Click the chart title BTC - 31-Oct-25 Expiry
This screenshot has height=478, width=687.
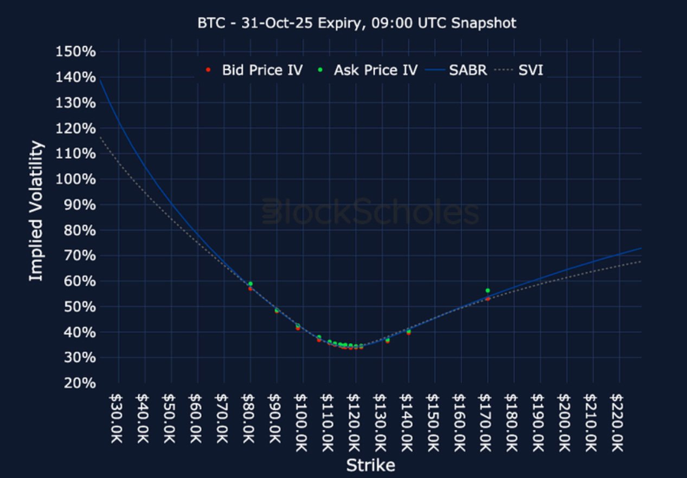(x=357, y=23)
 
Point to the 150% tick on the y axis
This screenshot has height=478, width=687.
(x=75, y=52)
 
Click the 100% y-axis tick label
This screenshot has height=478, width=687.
(x=75, y=179)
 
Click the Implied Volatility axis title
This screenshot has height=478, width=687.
(x=36, y=211)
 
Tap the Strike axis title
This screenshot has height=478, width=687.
(x=370, y=465)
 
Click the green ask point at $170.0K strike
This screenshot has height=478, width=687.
(x=487, y=290)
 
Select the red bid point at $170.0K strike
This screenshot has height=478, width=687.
(x=487, y=299)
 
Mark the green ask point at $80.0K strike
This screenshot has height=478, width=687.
(x=251, y=283)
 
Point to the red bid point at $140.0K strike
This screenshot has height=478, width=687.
(x=408, y=333)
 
